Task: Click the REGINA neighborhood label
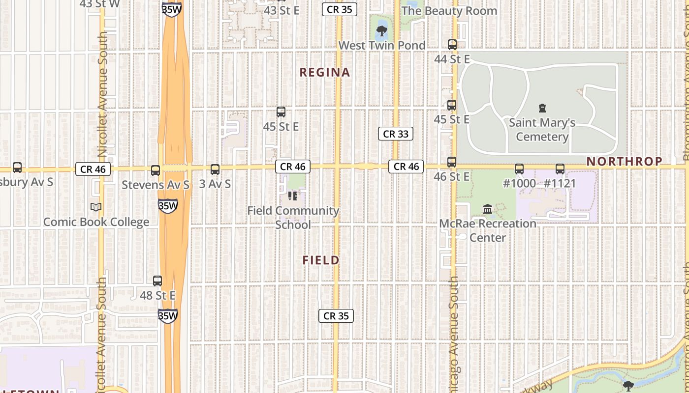pyautogui.click(x=325, y=73)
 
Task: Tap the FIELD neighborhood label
pyautogui.click(x=321, y=260)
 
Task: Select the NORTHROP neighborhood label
pyautogui.click(x=624, y=161)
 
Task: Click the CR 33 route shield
pyautogui.click(x=395, y=134)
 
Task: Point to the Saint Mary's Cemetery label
pyautogui.click(x=542, y=130)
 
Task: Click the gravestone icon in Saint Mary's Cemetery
pyautogui.click(x=542, y=108)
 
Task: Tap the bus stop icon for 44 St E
pyautogui.click(x=452, y=45)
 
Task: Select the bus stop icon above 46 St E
pyautogui.click(x=451, y=162)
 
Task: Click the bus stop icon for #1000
pyautogui.click(x=519, y=169)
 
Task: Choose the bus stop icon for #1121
pyautogui.click(x=560, y=169)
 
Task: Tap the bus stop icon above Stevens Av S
pyautogui.click(x=156, y=170)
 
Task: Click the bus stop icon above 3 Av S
pyautogui.click(x=215, y=169)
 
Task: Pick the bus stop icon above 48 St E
pyautogui.click(x=157, y=281)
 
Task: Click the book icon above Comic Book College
pyautogui.click(x=96, y=207)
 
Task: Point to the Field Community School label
pyautogui.click(x=293, y=218)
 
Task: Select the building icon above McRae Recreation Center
pyautogui.click(x=488, y=209)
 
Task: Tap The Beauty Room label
pyautogui.click(x=449, y=11)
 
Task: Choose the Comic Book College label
pyautogui.click(x=96, y=222)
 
